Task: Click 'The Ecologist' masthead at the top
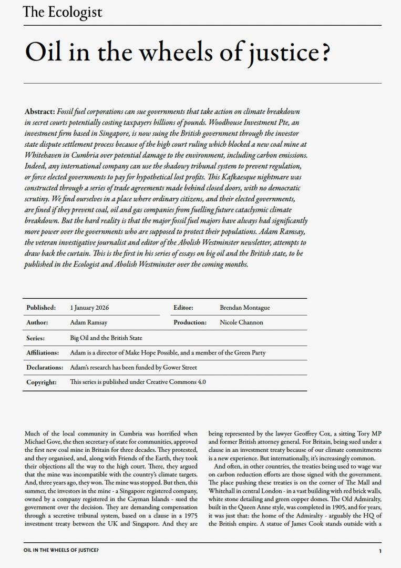tap(63, 12)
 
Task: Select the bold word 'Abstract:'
tap(40, 112)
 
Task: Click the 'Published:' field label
tap(41, 308)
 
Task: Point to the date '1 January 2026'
tap(89, 308)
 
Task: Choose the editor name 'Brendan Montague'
tap(244, 308)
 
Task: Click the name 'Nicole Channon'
tap(241, 322)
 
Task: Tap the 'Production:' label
tap(190, 322)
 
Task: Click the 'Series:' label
tap(35, 338)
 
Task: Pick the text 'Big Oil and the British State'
tap(106, 338)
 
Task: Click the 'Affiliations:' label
tap(43, 353)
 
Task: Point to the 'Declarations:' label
tap(45, 368)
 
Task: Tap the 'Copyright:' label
tap(41, 382)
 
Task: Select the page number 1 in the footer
tap(379, 551)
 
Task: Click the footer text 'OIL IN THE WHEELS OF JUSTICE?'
tap(61, 551)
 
